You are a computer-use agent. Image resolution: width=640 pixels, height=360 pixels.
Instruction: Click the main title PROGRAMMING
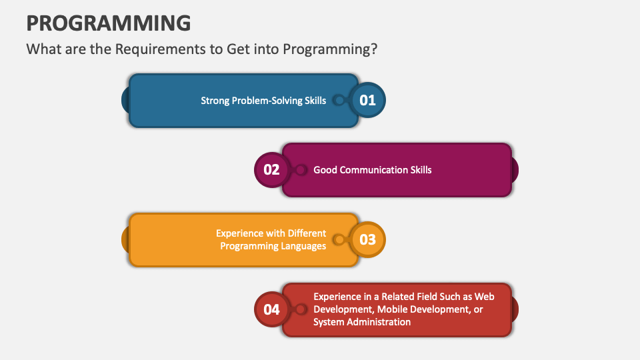click(108, 23)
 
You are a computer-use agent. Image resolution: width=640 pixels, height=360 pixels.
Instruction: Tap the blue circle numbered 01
click(368, 101)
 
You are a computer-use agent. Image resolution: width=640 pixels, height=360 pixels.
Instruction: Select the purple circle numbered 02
click(271, 169)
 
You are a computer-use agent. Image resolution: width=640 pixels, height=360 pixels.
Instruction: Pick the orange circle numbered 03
click(368, 239)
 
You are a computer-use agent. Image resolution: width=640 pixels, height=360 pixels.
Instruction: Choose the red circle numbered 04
click(271, 309)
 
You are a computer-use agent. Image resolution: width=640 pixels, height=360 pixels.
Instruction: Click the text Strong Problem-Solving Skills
click(263, 101)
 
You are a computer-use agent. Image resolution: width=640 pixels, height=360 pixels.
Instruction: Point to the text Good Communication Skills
click(372, 170)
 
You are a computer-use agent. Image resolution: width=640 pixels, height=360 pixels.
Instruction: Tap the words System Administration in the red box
click(362, 322)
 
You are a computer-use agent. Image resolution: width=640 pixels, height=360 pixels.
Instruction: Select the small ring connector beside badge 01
click(339, 101)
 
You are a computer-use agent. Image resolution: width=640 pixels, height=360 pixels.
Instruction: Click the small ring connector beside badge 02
click(301, 170)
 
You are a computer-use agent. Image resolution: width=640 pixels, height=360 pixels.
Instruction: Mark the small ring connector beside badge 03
click(339, 239)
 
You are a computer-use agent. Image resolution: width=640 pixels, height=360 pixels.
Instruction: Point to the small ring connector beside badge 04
click(301, 309)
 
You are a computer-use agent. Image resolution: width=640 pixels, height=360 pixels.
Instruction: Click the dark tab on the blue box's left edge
click(125, 101)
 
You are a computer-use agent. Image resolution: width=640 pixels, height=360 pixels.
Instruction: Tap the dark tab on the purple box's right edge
click(515, 170)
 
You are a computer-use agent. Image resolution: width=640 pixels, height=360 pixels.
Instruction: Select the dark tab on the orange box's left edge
click(125, 239)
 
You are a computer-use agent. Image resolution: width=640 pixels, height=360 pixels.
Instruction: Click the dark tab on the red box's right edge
click(515, 309)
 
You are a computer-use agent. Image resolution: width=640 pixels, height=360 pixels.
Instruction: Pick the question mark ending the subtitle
click(375, 50)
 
